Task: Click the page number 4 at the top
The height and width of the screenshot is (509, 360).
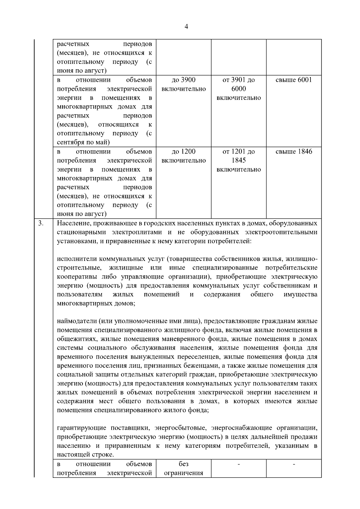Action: (x=186, y=27)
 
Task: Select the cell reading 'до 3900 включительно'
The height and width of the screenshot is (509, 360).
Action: (x=184, y=84)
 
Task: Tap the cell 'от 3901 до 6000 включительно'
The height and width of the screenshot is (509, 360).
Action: (x=238, y=89)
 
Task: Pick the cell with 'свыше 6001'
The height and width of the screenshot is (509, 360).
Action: (x=294, y=80)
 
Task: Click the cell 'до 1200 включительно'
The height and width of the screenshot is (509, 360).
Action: (x=184, y=156)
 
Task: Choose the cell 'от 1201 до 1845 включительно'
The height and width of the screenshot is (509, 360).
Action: (x=238, y=160)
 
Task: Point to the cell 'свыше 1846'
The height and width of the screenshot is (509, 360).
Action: (x=294, y=151)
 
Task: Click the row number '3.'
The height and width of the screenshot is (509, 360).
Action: (x=41, y=223)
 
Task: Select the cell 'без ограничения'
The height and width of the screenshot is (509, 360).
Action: (x=184, y=469)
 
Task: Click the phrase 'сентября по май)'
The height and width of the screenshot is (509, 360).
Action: (x=83, y=142)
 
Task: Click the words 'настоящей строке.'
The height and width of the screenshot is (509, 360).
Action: (x=85, y=455)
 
